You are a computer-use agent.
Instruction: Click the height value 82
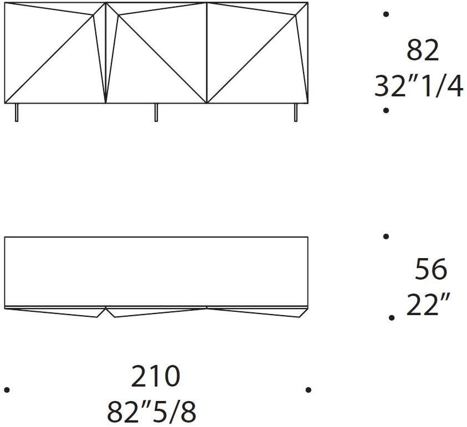(423, 51)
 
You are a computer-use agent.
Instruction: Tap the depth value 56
(430, 269)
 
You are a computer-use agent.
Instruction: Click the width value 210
(156, 377)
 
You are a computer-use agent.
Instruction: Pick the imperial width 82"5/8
(151, 412)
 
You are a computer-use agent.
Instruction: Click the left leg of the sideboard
(16, 112)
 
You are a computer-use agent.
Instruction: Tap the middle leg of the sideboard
(156, 112)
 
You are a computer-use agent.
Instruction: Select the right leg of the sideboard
(295, 112)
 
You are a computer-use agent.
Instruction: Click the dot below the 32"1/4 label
(386, 111)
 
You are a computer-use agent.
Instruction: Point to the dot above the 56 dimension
(386, 236)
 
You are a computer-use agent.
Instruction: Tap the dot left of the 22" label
(392, 318)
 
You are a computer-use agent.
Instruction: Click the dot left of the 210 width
(7, 390)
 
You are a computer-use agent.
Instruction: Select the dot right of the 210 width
(308, 390)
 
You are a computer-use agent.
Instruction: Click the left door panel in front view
(54, 53)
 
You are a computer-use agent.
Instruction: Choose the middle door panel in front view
(156, 53)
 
